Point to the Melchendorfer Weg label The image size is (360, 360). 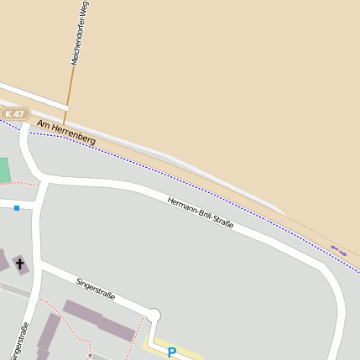click(80, 34)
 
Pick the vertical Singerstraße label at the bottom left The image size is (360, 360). click(19, 340)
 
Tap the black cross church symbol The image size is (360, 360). click(19, 265)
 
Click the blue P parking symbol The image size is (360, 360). click(172, 352)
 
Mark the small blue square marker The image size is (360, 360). click(16, 207)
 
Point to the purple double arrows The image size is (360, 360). click(338, 249)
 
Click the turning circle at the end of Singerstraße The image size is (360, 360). click(154, 315)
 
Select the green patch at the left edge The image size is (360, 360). click(3, 170)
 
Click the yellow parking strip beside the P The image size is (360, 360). click(189, 350)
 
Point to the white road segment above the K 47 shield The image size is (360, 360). click(34, 96)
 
